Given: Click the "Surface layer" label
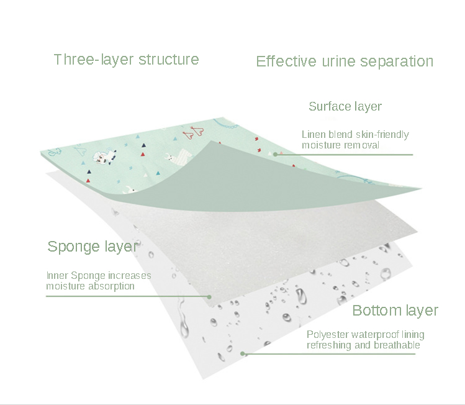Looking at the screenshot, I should point(345,107).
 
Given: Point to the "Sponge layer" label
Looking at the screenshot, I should point(92,247).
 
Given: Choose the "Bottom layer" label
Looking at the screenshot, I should point(395,311).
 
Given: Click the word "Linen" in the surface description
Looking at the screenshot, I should point(314,135).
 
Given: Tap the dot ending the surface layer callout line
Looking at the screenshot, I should point(275,154).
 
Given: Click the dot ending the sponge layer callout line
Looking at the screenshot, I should point(209,296).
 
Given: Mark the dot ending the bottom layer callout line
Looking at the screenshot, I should point(244,354).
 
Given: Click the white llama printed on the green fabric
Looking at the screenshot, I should point(98,162).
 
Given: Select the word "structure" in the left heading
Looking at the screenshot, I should point(169,60).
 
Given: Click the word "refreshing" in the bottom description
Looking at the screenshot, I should point(330,345).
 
